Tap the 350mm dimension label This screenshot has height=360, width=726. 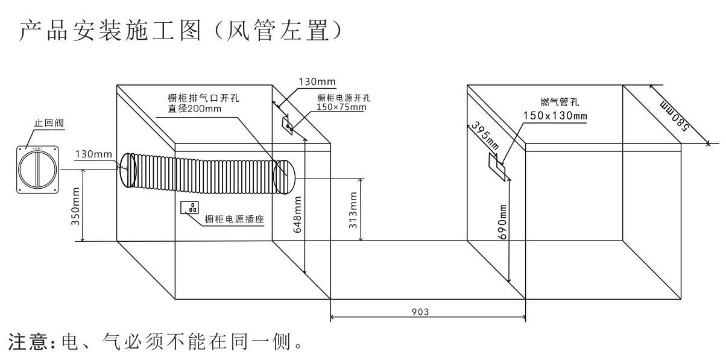coord(77,206)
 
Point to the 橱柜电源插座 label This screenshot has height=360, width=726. coord(236,221)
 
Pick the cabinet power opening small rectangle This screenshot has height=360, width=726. coord(288,125)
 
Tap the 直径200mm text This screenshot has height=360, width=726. coord(195,109)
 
